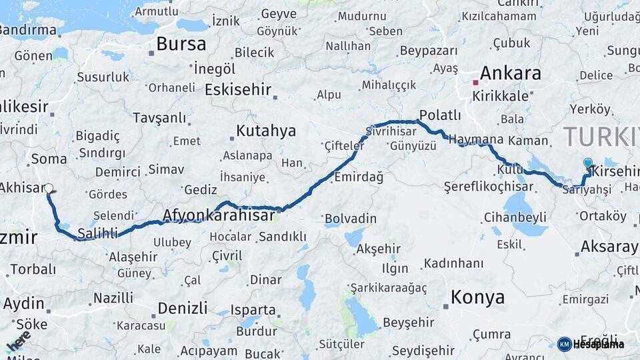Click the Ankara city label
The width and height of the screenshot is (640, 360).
[510, 73]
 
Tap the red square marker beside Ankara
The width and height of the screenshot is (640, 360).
[475, 83]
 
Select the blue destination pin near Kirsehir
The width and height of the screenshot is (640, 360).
[587, 163]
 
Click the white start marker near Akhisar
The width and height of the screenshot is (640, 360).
[49, 189]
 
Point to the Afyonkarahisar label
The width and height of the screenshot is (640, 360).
[219, 215]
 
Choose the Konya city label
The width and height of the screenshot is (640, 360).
[477, 297]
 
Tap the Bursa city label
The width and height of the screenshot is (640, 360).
[181, 45]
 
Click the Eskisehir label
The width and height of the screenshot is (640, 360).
[238, 89]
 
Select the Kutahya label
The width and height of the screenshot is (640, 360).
[266, 130]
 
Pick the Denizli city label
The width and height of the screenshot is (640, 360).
[183, 308]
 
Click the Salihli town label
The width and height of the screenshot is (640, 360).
[97, 233]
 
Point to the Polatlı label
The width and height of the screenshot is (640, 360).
[440, 115]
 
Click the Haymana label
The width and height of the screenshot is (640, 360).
[476, 139]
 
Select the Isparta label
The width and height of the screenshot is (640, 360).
[253, 310]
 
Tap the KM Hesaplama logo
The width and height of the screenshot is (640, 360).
[591, 344]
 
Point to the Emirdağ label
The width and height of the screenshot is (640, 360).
[359, 177]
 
